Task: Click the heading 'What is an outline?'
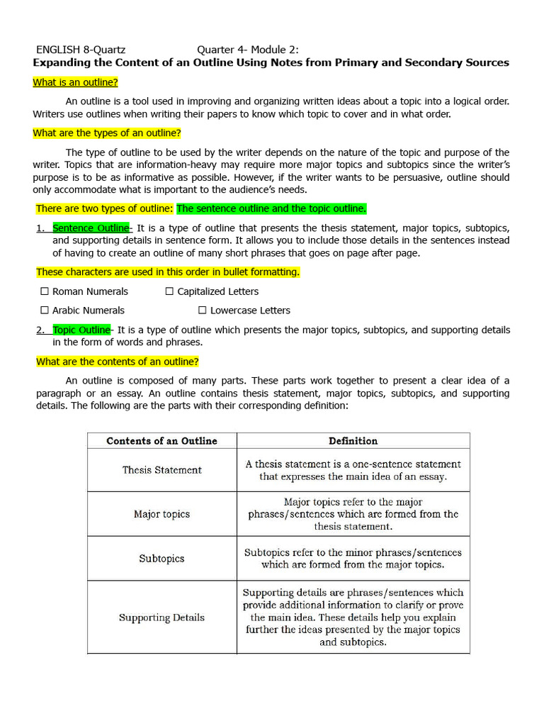pos(75,82)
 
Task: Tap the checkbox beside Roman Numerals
pos(44,291)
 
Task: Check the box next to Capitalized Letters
pos(169,291)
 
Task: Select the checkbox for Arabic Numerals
pos(44,311)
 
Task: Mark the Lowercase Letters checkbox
pos(203,311)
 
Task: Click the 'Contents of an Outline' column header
pos(161,441)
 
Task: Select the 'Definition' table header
pos(353,441)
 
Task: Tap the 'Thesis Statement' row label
pos(161,470)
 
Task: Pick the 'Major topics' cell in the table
pos(161,514)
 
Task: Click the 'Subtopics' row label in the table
pos(161,559)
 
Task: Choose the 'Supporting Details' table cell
pos(161,618)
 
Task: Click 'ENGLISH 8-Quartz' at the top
pos(81,50)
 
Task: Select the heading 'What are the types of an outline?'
pos(107,133)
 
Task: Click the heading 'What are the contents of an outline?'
pos(118,362)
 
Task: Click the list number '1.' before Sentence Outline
pos(40,228)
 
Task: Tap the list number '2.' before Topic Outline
pos(40,330)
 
